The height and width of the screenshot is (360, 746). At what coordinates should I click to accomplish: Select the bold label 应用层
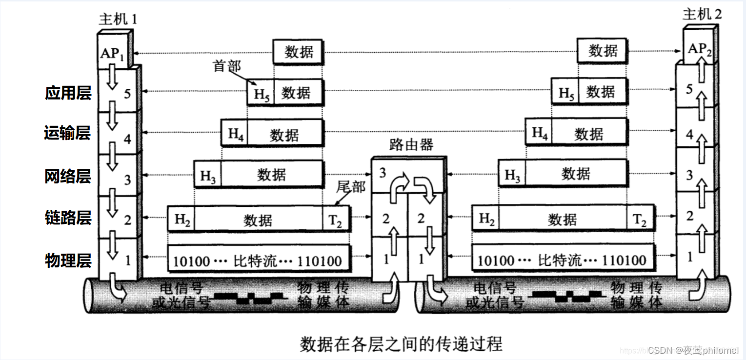coord(68,93)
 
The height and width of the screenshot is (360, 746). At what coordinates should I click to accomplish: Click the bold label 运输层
coord(68,133)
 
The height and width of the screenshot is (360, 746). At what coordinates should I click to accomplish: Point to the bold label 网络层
coord(68,176)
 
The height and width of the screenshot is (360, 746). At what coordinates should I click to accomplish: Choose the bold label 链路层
coord(68,218)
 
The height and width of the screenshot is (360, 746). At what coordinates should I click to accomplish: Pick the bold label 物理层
coord(68,260)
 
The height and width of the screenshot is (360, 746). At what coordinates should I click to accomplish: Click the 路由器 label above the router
coord(411,145)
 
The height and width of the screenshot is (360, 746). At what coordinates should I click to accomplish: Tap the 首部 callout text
coord(227,66)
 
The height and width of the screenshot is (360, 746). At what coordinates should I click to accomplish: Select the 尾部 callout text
coord(351,186)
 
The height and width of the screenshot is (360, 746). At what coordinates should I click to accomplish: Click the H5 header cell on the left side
coord(261,93)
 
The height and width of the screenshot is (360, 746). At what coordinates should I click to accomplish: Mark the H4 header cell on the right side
coord(539,133)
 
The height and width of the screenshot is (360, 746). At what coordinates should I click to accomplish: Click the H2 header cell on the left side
coord(181,219)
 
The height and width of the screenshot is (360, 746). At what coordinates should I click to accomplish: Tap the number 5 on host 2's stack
coord(689,89)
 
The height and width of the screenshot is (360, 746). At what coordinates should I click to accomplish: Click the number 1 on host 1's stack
coord(128,260)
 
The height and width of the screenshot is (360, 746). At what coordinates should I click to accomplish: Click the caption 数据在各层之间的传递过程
coord(401,344)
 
